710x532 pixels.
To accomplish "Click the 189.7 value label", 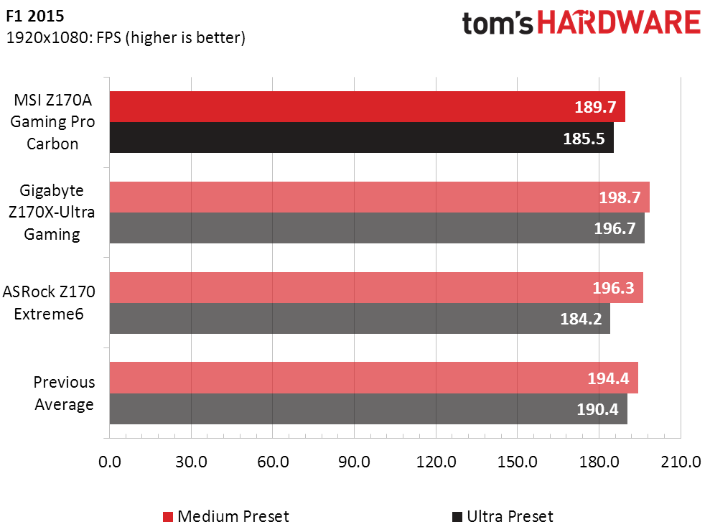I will click(595, 108).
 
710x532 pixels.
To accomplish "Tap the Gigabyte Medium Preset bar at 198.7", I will click(379, 197).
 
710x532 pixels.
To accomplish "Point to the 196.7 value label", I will click(614, 228).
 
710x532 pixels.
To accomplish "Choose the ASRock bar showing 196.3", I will click(375, 288).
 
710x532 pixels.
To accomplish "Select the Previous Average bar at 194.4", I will click(373, 378).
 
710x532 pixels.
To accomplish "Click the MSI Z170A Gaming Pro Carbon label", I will click(52, 122).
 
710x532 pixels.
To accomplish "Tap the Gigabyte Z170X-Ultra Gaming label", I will click(52, 213).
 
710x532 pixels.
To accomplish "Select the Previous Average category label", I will click(64, 393).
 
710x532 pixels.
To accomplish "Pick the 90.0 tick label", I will click(354, 462).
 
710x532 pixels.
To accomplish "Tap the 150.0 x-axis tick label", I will click(518, 462).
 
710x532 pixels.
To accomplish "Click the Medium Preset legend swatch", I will click(168, 517).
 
